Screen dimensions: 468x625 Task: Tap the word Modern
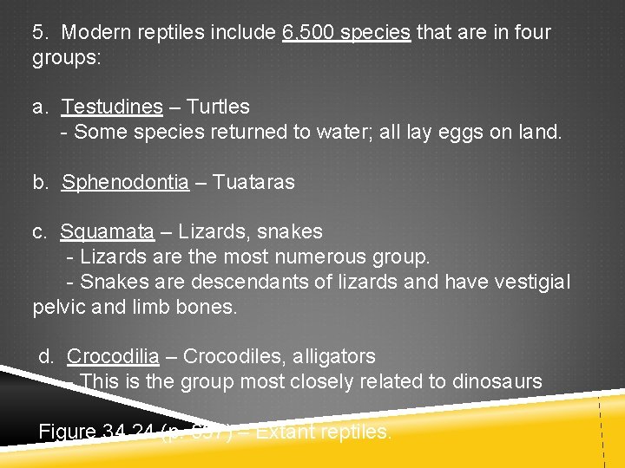95,33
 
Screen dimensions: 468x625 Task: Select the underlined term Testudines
112,107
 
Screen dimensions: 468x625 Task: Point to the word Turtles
218,107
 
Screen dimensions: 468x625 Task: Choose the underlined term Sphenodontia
125,183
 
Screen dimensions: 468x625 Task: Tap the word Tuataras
253,183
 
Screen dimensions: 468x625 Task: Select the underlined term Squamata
107,232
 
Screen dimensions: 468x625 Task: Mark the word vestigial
529,283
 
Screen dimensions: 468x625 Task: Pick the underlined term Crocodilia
113,357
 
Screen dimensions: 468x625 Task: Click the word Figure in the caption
68,432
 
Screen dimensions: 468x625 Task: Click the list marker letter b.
40,183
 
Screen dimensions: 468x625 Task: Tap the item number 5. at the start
39,33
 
